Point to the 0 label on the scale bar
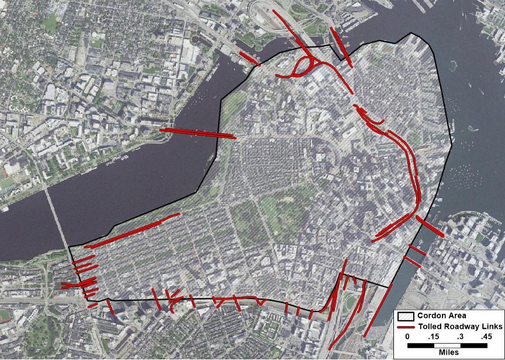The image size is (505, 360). coord(407,337)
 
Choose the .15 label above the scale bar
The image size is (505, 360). coord(433,337)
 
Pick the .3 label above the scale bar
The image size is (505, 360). coord(459,337)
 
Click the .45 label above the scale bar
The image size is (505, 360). coord(486,337)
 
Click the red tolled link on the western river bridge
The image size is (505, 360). coord(198,133)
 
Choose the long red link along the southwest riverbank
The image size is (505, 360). coord(134,229)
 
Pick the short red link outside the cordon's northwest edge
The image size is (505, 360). coord(248,58)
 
